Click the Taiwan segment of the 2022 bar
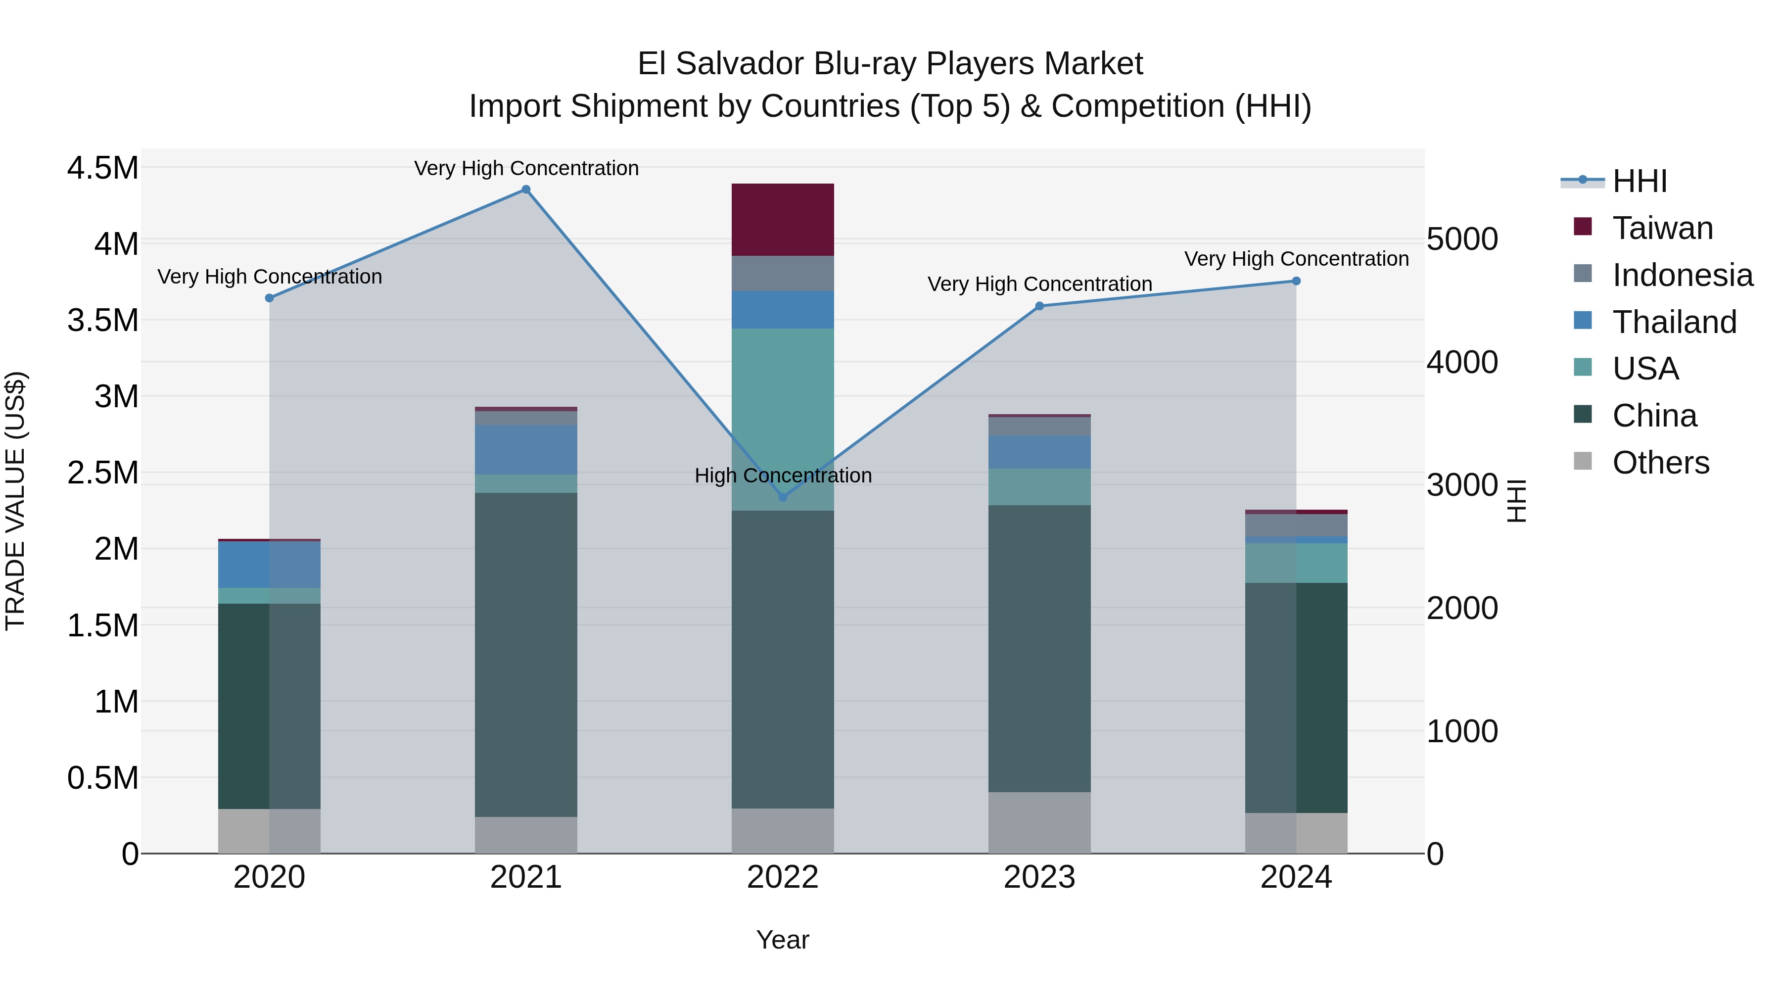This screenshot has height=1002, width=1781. click(x=783, y=220)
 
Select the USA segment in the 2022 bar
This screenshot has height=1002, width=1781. click(x=783, y=419)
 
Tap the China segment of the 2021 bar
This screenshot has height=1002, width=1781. click(x=526, y=654)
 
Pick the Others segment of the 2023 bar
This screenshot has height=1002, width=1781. click(x=1039, y=822)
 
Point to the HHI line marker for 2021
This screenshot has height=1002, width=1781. click(x=526, y=190)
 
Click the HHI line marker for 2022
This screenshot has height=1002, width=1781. click(x=783, y=497)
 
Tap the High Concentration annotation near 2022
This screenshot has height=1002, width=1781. click(x=783, y=476)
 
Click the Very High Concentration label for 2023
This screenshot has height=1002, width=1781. click(x=1039, y=284)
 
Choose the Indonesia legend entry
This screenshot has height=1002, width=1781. click(x=1682, y=275)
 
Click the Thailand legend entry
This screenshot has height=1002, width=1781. click(x=1673, y=322)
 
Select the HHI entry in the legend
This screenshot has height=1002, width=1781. click(x=1639, y=181)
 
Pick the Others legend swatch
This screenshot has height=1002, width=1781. click(x=1583, y=461)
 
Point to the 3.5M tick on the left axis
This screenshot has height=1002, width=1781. click(x=102, y=321)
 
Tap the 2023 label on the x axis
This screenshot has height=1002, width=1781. click(x=1039, y=877)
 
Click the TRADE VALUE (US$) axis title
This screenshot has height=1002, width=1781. click(x=15, y=501)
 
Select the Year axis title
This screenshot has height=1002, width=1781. click(x=783, y=940)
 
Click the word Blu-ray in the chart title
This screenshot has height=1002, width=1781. click(x=866, y=64)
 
